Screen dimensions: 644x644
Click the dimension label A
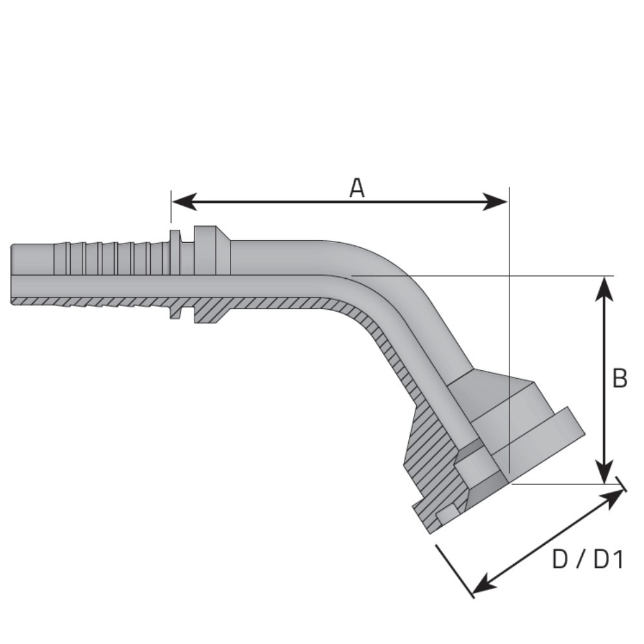point(357,188)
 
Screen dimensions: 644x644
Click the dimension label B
point(620,378)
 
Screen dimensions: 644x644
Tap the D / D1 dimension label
point(588,560)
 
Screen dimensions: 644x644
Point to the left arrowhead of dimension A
point(184,202)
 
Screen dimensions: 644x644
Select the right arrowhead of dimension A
point(495,202)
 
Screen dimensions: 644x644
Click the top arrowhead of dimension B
point(604,289)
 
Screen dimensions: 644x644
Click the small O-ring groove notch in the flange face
point(448,513)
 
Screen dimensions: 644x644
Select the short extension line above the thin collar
point(171,207)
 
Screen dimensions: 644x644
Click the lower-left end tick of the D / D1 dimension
point(455,571)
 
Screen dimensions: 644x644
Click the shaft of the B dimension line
point(604,380)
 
